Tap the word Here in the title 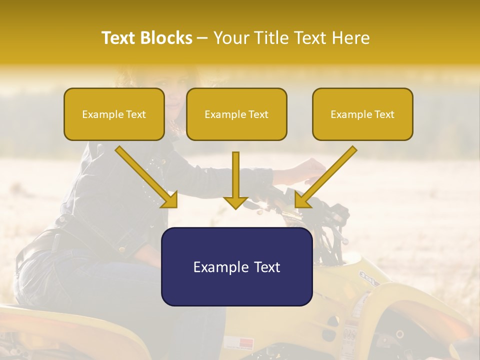click(350, 38)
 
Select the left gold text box click(114, 114)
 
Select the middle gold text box click(236, 114)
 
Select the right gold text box click(362, 114)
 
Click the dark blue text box click(236, 266)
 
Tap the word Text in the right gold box click(384, 114)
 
